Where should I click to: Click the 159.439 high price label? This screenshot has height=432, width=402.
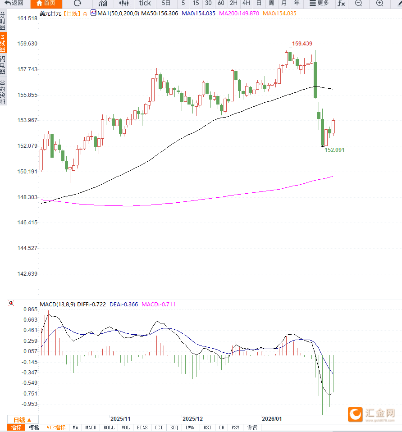(302, 44)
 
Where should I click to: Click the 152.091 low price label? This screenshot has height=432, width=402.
(334, 150)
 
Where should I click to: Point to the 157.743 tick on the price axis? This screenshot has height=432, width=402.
(27, 69)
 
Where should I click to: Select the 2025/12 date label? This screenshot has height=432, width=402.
(192, 418)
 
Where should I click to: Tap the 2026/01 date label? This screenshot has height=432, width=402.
(272, 418)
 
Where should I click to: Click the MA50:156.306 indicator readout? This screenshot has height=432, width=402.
(160, 14)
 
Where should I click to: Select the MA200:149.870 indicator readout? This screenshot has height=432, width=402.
(239, 14)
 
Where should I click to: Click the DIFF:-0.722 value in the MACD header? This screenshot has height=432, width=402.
(91, 305)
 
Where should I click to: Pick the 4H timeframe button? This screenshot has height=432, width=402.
(246, 3)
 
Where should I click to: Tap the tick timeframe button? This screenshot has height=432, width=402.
(145, 3)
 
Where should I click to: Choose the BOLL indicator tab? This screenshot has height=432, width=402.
(109, 427)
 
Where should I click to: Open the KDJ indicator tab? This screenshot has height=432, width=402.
(174, 427)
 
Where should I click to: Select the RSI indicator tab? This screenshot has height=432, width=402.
(207, 427)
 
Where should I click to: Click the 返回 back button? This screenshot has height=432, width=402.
(14, 3)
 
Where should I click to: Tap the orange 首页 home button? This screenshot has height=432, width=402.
(46, 3)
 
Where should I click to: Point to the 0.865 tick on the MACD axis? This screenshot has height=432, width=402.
(31, 310)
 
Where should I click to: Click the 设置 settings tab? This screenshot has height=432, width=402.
(252, 427)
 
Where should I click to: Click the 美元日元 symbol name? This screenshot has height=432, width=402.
(50, 14)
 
